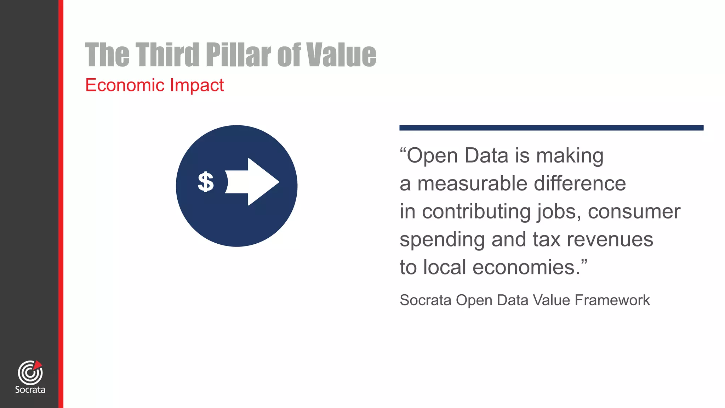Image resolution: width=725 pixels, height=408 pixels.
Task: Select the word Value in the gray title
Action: click(341, 55)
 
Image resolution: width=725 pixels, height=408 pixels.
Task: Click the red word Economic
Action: click(124, 85)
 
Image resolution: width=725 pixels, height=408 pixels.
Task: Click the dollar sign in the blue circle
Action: click(206, 182)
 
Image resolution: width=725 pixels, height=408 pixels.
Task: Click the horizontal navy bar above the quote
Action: click(551, 128)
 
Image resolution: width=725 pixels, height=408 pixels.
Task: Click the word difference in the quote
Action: click(580, 184)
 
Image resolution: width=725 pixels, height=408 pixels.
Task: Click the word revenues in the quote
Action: click(610, 240)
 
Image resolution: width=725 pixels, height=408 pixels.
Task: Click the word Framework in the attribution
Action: click(612, 300)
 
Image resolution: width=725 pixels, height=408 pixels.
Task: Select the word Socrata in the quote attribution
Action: click(426, 300)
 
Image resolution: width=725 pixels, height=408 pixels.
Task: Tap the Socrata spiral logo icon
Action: click(30, 373)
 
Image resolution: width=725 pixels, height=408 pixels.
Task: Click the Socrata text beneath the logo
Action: click(30, 390)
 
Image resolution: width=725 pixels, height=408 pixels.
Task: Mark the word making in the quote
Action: click(570, 156)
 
